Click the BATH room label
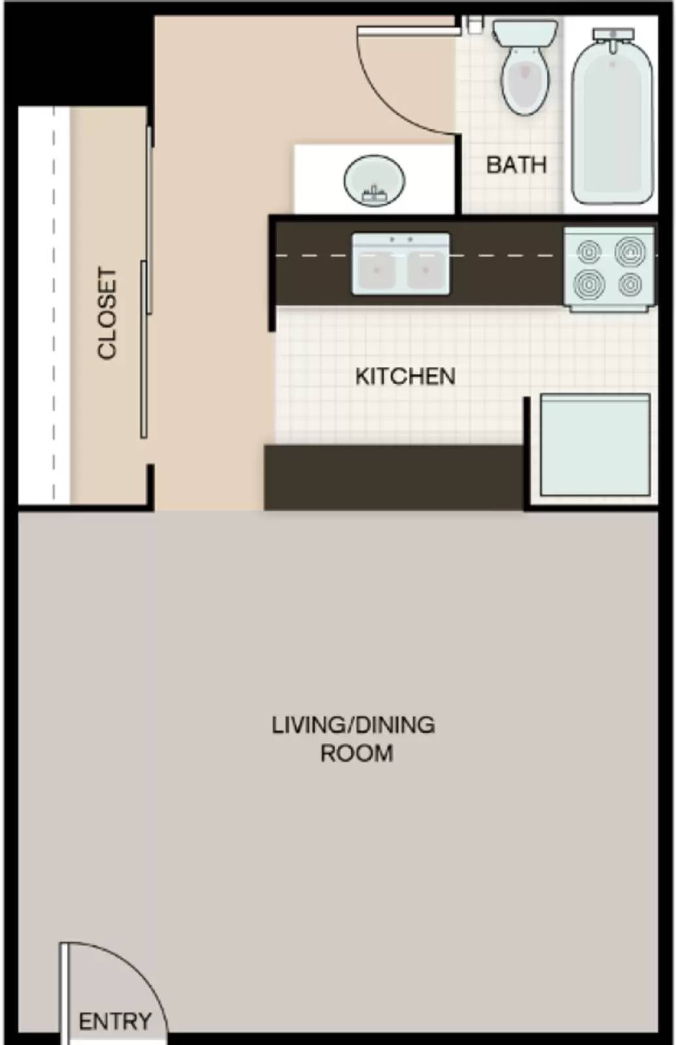516,165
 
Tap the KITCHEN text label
405,376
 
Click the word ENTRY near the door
115,1021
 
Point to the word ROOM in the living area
357,753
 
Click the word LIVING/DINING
353,724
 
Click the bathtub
612,124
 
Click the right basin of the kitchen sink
427,270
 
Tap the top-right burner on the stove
630,251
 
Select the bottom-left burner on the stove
589,284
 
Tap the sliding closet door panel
144,349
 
